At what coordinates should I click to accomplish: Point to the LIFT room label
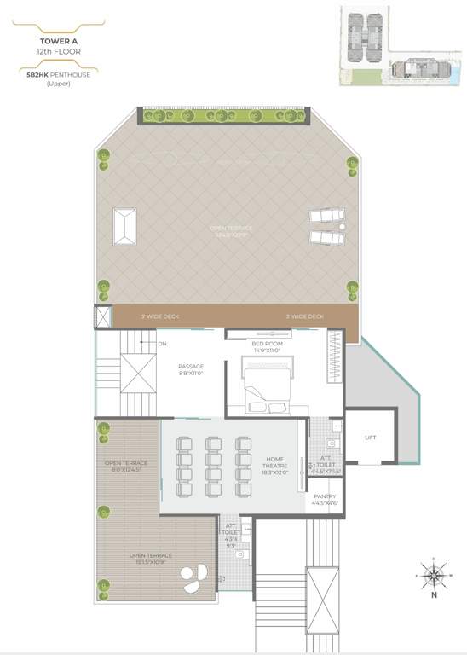370,438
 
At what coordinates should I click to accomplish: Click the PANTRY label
325,496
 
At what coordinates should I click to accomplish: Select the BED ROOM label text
267,343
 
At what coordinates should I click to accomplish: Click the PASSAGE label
191,367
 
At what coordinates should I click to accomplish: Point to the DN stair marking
161,344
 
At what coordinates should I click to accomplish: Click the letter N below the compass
434,595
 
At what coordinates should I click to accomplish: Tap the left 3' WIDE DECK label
160,316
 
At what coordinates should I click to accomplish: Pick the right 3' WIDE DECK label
304,316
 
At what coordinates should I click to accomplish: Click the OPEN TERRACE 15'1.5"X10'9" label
150,559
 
